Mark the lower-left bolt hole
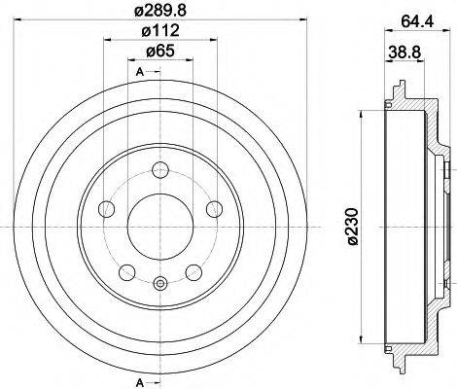coord(125,271)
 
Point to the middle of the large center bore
coord(160,225)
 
